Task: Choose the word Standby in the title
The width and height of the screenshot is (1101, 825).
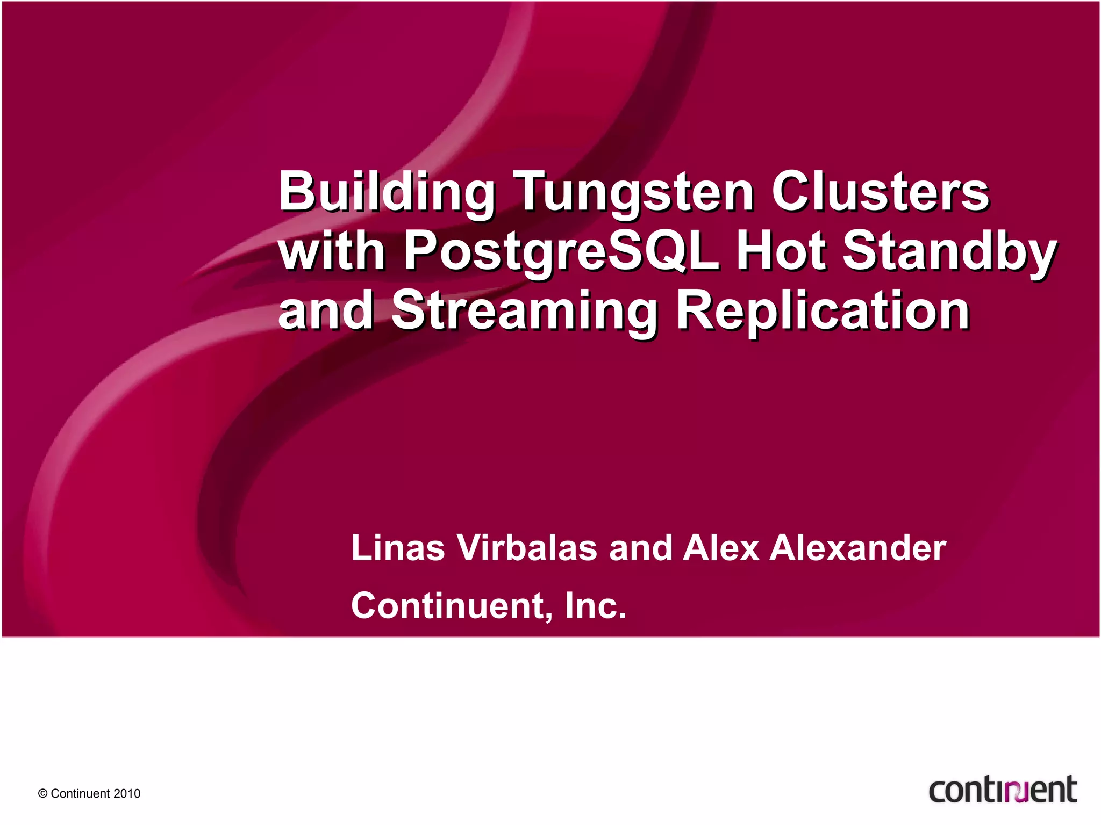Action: coord(949,251)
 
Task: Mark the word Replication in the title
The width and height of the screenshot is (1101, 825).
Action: coord(823,310)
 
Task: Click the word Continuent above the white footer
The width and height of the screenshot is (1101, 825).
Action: coord(451,605)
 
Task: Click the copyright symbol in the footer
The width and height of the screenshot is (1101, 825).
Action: coord(43,794)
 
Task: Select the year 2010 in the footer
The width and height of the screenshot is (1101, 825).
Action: coord(127,794)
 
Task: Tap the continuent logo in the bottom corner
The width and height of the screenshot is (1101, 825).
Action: coord(1003,790)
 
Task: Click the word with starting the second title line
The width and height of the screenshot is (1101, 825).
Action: coord(331,251)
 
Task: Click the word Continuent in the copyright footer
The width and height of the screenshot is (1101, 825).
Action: coord(80,794)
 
